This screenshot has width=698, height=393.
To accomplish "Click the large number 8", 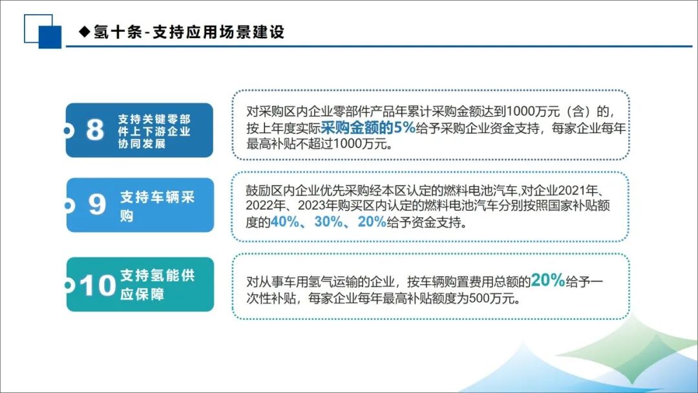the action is click(95, 129).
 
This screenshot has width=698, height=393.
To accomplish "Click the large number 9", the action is click(97, 204).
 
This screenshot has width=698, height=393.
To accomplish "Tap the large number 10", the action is click(98, 285).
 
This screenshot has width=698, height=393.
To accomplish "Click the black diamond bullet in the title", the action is click(85, 32).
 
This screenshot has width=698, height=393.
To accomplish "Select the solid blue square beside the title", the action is click(50, 37).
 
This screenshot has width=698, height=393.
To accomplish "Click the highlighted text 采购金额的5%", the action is click(368, 128).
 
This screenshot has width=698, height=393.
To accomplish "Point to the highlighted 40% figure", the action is click(284, 222).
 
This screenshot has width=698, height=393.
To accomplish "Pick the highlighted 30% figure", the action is click(328, 222).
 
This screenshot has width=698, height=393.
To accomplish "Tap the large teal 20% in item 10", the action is click(547, 280).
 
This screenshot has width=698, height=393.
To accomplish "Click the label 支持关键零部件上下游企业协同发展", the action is click(154, 131).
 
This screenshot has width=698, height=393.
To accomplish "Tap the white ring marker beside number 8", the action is click(68, 131).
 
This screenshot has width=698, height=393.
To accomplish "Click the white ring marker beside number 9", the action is click(69, 205).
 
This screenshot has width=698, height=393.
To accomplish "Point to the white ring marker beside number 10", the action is click(69, 285).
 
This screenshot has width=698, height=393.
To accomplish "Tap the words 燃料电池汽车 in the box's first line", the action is click(479, 191).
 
